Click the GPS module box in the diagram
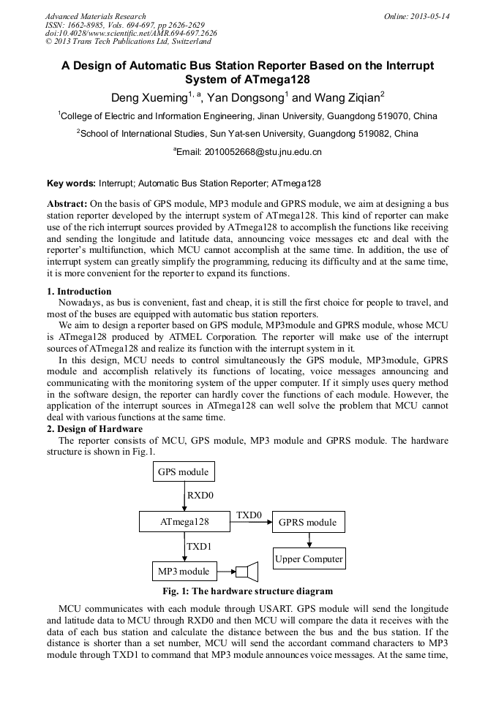coord(184,472)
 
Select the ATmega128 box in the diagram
coord(184,522)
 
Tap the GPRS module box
coord(308,522)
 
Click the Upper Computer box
coord(309,559)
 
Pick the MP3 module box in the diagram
coord(184,572)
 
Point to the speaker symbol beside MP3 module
coord(248,572)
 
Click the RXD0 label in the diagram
coord(200,496)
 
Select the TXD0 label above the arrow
coord(249,515)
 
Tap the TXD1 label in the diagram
coord(200,546)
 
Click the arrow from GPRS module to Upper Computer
coord(309,540)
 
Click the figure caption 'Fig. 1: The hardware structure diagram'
coord(247,591)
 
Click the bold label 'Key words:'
coord(70,183)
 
